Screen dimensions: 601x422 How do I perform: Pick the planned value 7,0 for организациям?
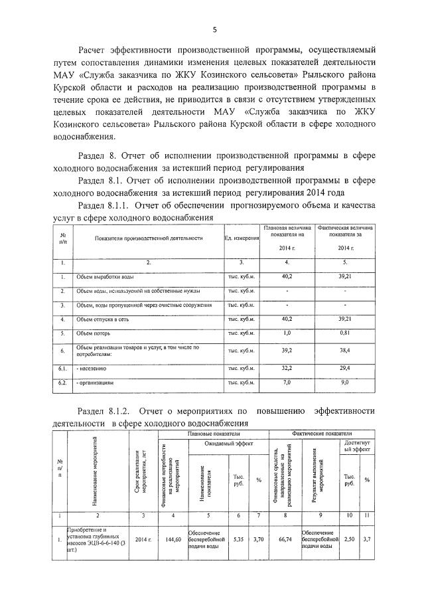(287, 383)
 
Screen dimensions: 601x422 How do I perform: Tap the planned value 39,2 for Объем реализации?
(287, 349)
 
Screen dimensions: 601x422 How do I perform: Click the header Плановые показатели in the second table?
(212, 432)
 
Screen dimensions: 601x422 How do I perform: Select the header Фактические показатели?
(322, 432)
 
